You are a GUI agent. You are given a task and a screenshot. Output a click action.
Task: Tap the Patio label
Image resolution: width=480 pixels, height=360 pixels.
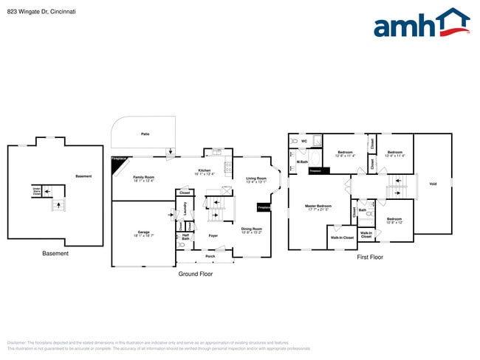[145, 134]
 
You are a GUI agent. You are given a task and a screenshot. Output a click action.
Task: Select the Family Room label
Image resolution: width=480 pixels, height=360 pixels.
[143, 177]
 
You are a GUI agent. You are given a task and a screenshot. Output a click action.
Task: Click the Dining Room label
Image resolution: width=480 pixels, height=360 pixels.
[252, 229]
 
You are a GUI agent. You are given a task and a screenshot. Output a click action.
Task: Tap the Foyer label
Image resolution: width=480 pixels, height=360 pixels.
[213, 236]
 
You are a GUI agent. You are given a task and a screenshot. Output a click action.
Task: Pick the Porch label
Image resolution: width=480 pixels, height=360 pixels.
[210, 256]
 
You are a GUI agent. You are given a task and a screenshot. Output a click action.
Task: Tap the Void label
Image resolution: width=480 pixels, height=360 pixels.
[433, 184]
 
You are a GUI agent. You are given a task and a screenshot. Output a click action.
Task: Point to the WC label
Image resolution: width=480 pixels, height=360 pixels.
[304, 140]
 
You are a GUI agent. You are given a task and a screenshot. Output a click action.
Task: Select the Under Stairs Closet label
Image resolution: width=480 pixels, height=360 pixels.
[35, 190]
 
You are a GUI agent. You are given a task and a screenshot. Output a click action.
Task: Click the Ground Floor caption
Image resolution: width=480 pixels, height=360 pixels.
[196, 274]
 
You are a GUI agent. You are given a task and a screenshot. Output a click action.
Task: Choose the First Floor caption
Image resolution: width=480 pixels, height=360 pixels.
[370, 257]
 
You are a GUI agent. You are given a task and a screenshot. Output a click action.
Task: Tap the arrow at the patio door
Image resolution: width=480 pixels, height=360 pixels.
[171, 153]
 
